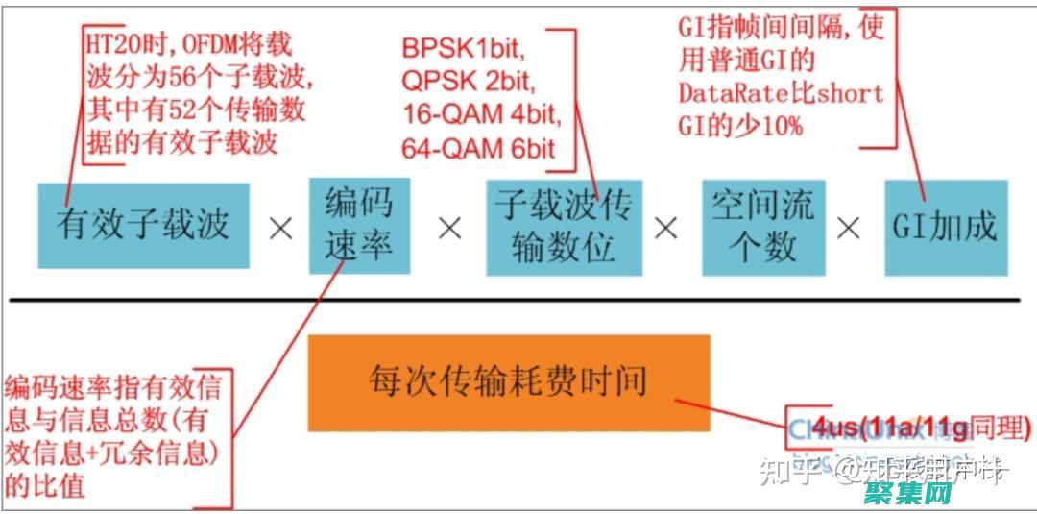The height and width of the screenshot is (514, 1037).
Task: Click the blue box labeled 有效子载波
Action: tap(144, 225)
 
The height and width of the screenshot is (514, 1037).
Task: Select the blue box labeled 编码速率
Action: tap(358, 225)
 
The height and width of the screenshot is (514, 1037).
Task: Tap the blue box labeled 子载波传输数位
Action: tap(564, 227)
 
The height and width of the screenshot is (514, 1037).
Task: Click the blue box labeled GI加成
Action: tap(946, 227)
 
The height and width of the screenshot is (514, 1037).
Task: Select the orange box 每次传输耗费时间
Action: tap(508, 382)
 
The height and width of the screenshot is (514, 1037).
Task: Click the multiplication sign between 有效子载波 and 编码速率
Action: tap(280, 230)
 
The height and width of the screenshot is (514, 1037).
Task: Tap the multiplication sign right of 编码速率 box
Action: tap(449, 229)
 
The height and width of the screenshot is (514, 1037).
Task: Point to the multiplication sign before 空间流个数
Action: tap(665, 228)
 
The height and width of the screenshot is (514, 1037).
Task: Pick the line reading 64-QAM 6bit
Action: tap(478, 148)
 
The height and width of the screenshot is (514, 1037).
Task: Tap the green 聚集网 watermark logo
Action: tap(906, 495)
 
